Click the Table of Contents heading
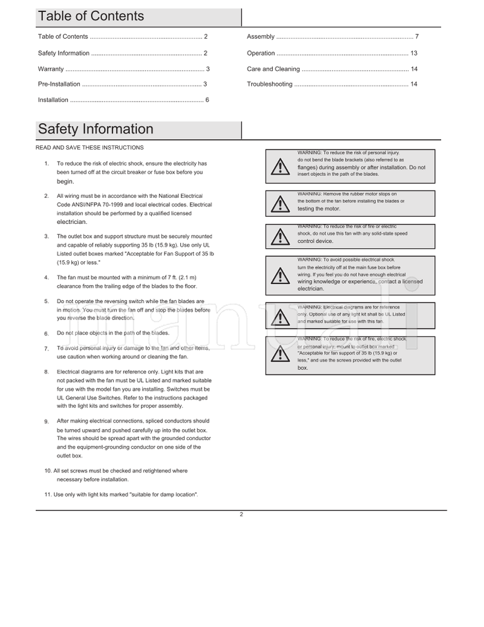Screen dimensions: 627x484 tap(91, 16)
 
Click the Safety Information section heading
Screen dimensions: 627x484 tap(96, 129)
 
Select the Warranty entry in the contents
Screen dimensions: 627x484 tap(51, 69)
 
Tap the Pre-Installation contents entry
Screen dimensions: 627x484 tap(59, 84)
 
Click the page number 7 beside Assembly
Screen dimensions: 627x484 tap(417, 37)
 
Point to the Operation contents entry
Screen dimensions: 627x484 tap(261, 53)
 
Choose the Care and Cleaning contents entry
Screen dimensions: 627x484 tap(273, 69)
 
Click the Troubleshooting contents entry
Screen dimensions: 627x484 tap(269, 84)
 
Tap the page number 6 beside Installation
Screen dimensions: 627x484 tap(207, 100)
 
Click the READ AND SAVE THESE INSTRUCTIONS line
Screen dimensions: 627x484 tap(90, 148)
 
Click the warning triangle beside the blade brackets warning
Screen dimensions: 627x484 tap(280, 167)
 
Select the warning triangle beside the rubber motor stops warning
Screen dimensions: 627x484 tap(280, 203)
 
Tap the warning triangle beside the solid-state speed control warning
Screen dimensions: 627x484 tap(280, 237)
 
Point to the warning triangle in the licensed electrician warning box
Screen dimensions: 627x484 tap(280, 276)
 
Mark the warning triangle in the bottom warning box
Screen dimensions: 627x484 tap(280, 353)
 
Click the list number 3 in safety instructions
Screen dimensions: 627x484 tap(47, 236)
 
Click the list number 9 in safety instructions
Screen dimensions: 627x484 tap(47, 421)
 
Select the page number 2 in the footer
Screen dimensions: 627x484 tap(241, 514)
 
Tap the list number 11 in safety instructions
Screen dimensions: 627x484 tap(48, 494)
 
